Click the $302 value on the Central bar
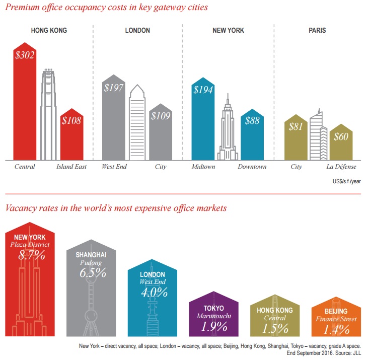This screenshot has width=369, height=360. click(25, 55)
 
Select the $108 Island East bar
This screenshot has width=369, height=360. click(71, 136)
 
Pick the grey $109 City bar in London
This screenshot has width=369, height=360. click(161, 133)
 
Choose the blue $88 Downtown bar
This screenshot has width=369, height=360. click(252, 136)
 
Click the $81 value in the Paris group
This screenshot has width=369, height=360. click(296, 126)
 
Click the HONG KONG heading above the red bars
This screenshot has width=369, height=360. click(49, 31)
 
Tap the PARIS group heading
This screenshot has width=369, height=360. click(317, 31)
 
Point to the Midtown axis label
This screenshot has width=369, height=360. click(203, 167)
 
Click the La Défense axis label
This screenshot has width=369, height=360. click(342, 167)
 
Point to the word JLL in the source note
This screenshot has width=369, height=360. click(355, 353)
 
